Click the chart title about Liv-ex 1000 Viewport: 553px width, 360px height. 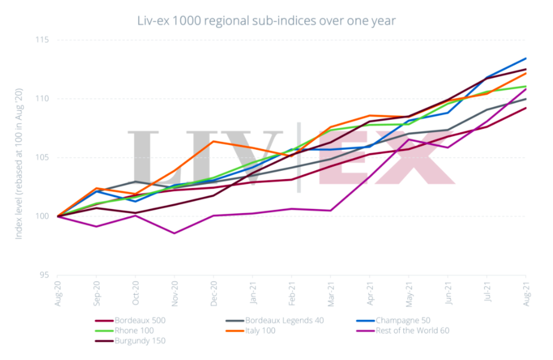point(266,20)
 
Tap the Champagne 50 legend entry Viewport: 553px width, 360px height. point(405,320)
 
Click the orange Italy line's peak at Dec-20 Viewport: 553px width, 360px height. point(214,141)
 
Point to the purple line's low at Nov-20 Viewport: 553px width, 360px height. point(174,233)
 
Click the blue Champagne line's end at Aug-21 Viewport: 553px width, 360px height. point(526,58)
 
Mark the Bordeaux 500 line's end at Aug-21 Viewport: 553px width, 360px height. point(526,108)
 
